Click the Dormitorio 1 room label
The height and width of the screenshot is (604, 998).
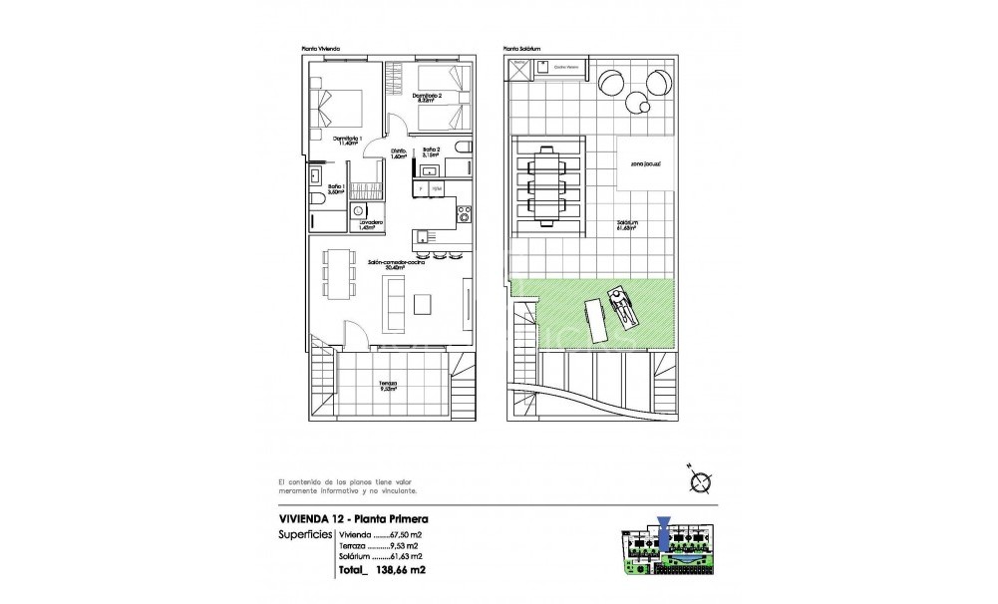point(345,141)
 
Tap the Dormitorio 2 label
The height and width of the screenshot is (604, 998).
point(426,98)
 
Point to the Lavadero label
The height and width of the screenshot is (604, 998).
point(371,225)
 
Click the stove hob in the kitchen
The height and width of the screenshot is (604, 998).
point(464,211)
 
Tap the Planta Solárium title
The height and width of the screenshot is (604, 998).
point(523,48)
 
